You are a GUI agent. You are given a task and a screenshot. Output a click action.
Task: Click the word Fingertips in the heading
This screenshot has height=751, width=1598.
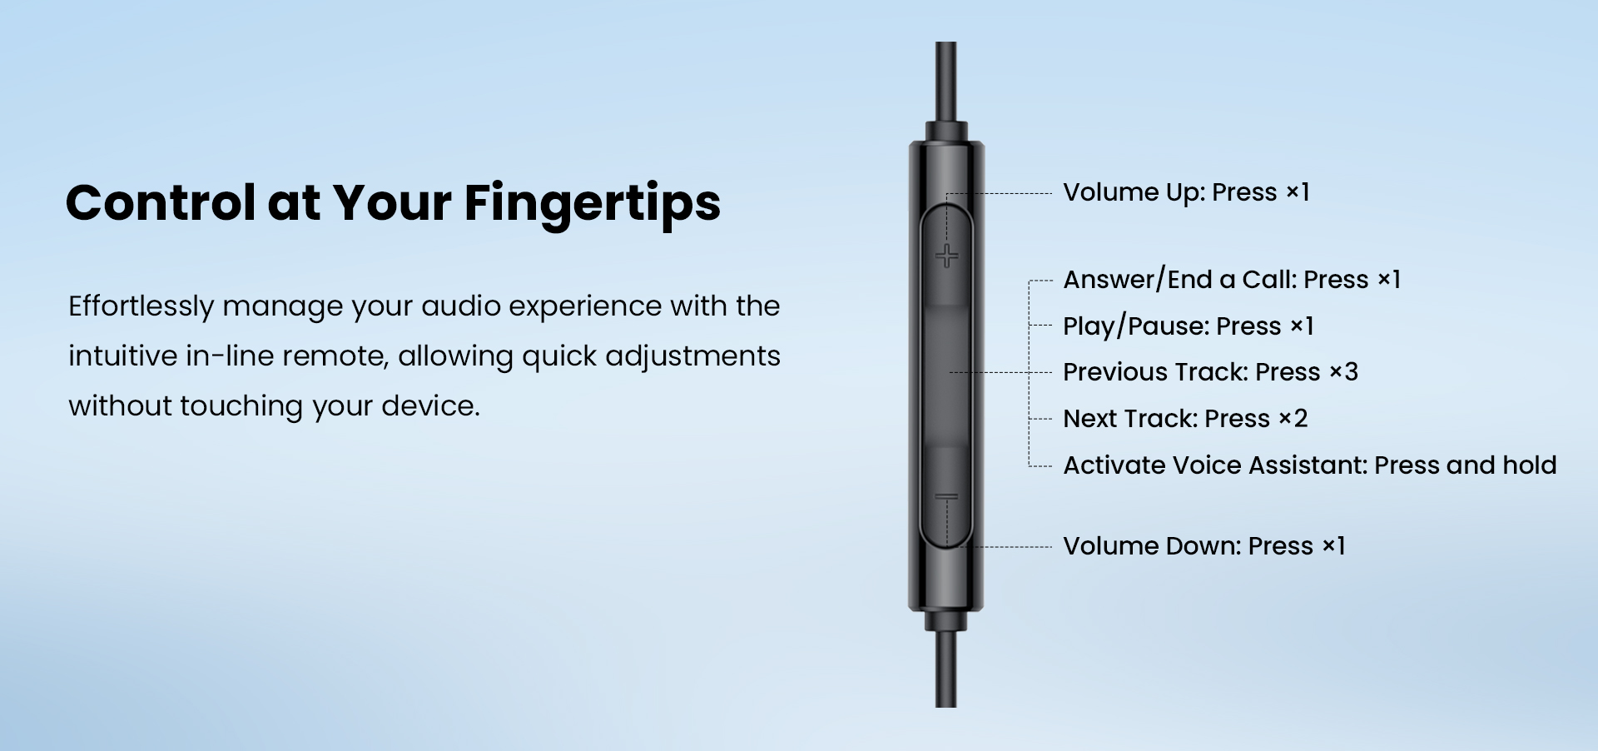coord(592,204)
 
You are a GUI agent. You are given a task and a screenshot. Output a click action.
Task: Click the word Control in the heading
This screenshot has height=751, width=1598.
coord(161,202)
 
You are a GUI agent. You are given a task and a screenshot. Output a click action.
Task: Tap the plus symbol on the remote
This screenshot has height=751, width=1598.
coord(946,256)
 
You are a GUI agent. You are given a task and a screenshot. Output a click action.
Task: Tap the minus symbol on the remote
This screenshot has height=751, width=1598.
coord(946,497)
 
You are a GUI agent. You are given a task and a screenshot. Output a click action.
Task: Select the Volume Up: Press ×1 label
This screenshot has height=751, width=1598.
coord(1186,192)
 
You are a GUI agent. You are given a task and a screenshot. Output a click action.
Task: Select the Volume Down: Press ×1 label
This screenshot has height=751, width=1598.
coord(1203,546)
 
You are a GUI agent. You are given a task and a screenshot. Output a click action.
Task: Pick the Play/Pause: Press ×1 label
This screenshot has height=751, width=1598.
coord(1188,326)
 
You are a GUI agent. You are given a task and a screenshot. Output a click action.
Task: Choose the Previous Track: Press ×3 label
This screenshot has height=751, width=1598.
coord(1210,372)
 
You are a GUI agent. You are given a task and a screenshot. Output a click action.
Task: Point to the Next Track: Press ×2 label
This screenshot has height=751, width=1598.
coord(1185,419)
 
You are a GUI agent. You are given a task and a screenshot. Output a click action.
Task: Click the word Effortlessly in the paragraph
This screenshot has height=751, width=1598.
coord(141,306)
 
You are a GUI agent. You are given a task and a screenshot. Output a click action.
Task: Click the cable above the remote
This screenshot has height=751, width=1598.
coord(945,82)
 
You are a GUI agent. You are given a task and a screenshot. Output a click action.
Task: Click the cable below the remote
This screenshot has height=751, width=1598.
coord(945,669)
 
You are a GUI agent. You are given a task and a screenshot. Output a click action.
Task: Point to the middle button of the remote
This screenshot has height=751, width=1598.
coord(946,375)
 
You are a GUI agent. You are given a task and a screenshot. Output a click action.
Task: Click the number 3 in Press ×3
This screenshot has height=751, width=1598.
coord(1351,372)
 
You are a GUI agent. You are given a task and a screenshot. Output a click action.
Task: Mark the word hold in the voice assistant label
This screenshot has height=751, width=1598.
coord(1529,465)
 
